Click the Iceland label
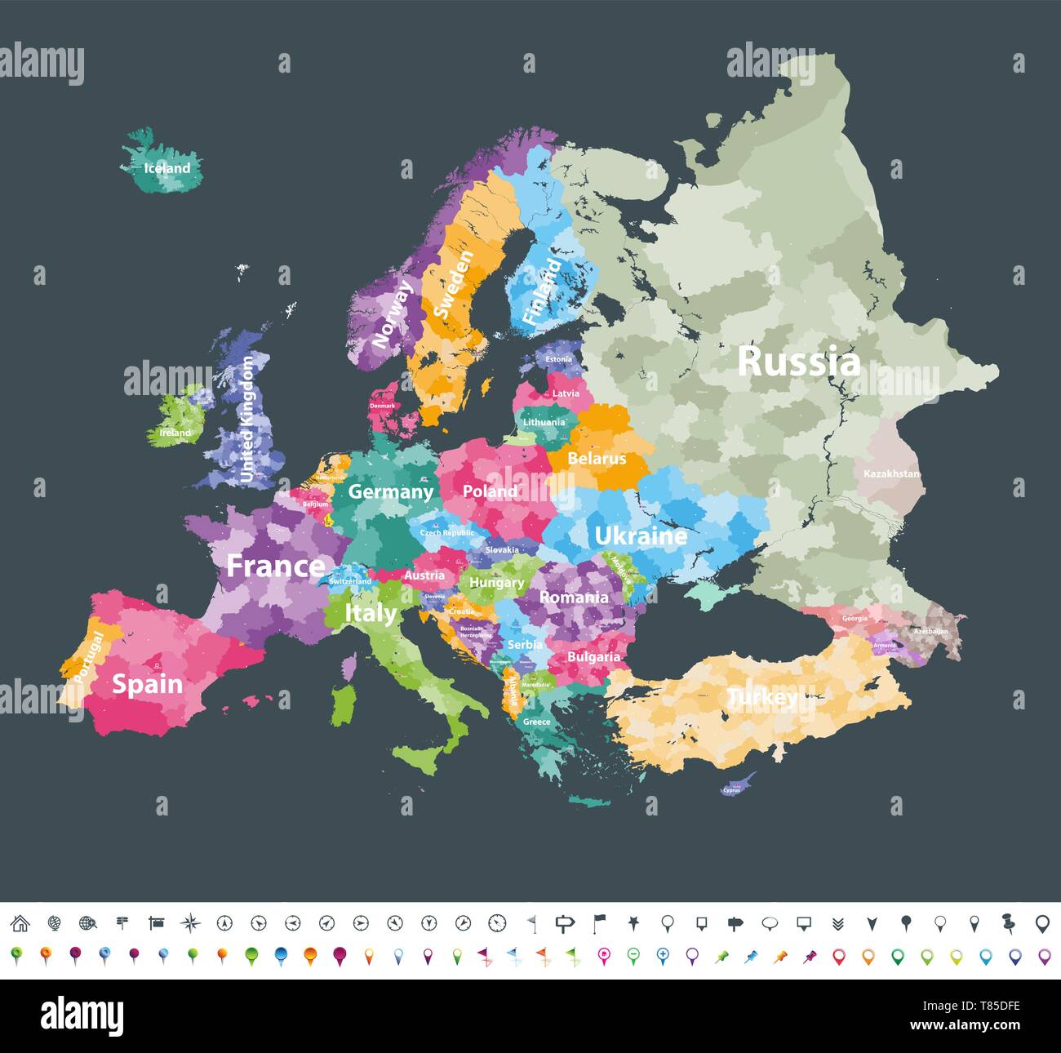(166, 168)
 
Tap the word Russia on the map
(798, 361)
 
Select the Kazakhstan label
(891, 473)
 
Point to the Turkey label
(762, 697)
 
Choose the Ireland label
(175, 433)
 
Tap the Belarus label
(597, 458)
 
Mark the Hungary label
(496, 583)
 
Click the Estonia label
(558, 359)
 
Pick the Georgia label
(855, 618)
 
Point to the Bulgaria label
(593, 656)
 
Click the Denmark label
(382, 406)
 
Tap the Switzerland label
(350, 581)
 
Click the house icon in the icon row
(20, 923)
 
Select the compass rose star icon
(190, 923)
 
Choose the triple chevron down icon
(837, 923)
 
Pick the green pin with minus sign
(633, 955)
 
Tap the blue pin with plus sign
(662, 955)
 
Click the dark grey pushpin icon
(1008, 923)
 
